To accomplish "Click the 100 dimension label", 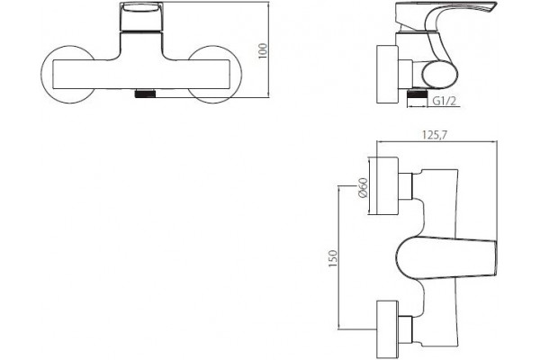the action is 263,51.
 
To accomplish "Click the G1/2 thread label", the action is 445,101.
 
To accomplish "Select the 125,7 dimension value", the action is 435,135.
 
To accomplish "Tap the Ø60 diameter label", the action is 363,188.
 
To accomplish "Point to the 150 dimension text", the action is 333,258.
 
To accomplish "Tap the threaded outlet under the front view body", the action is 146,94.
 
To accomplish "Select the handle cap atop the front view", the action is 141,17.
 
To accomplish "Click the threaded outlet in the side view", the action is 417,94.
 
